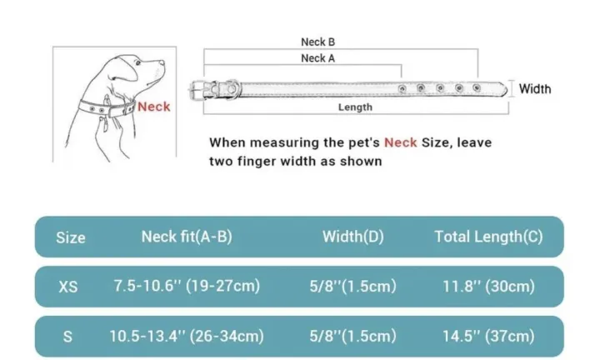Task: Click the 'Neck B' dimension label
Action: pos(318,42)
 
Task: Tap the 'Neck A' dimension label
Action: pos(318,58)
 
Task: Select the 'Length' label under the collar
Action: pos(355,107)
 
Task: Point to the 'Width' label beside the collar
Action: pos(535,89)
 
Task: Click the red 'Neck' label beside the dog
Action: pos(154,107)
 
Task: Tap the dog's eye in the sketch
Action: pos(137,63)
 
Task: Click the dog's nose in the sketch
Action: pos(162,62)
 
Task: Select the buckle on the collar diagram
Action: pos(200,90)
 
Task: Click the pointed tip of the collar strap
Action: pos(507,90)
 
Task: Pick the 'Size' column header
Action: pos(71,237)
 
